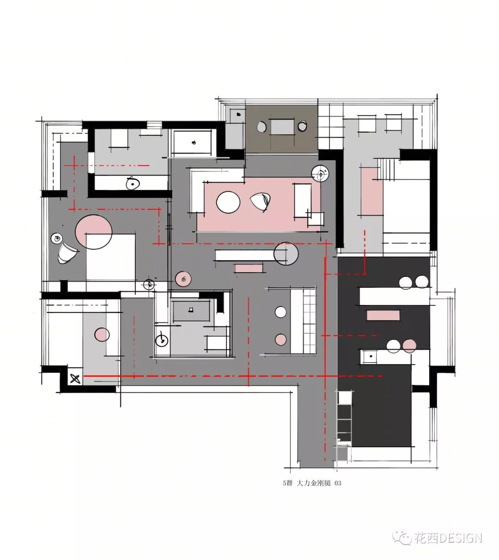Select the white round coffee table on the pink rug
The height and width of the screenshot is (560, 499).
click(228, 202)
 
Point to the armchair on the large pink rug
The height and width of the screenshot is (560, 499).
click(260, 202)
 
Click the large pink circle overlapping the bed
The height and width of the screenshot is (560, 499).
click(94, 232)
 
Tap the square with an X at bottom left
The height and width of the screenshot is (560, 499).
click(75, 379)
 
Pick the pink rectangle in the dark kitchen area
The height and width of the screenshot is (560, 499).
click(383, 315)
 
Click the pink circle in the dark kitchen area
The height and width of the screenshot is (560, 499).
click(409, 346)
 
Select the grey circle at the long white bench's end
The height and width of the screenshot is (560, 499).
click(286, 254)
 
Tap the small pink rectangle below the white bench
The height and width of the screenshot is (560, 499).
click(249, 268)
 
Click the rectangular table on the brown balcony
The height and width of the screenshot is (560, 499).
click(282, 127)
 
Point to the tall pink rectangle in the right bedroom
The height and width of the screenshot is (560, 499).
click(372, 191)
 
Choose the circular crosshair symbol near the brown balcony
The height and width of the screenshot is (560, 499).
click(320, 173)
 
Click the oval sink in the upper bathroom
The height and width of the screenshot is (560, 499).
click(133, 183)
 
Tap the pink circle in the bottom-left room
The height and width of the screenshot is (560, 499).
click(102, 335)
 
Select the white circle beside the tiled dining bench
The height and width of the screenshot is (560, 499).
click(280, 312)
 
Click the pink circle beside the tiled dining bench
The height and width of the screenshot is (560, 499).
click(280, 340)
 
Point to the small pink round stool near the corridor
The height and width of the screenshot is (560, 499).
click(183, 279)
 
